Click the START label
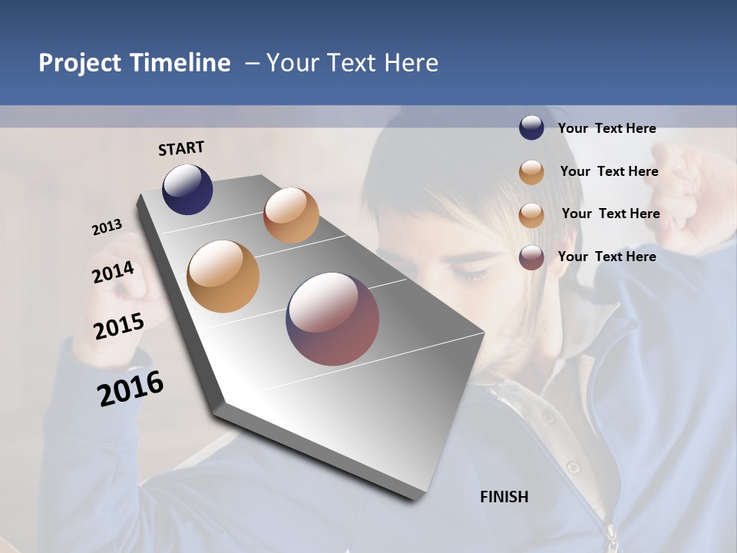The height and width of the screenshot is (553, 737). click(181, 148)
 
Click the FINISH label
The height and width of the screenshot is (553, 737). click(504, 497)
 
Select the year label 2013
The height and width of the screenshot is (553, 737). click(107, 227)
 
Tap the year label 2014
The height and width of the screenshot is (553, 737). click(113, 273)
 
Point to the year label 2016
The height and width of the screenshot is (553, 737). click(131, 389)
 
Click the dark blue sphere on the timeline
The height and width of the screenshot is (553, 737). click(187, 190)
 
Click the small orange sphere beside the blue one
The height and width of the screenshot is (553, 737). click(291, 215)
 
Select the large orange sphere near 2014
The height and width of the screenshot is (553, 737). click(223, 276)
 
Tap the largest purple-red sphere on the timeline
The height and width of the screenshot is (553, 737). click(332, 319)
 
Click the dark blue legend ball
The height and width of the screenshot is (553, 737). click(531, 127)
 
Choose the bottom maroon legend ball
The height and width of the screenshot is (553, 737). click(531, 257)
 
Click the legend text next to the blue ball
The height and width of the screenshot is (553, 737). click(606, 129)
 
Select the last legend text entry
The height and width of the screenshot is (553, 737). click(606, 257)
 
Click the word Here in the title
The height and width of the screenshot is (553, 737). click(411, 63)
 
